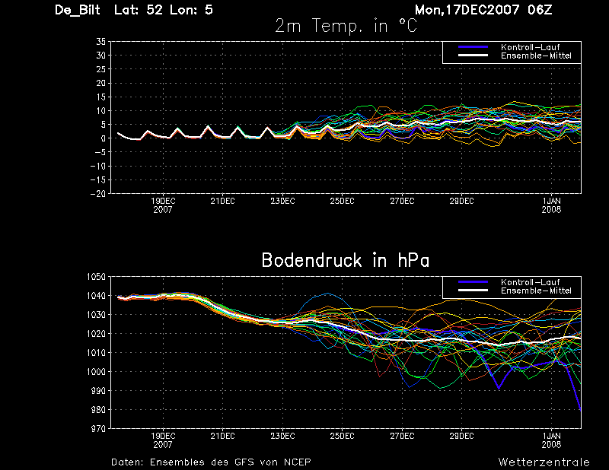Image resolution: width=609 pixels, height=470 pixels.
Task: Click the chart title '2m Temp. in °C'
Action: point(346,27)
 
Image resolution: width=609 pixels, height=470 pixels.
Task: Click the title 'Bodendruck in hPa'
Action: point(346,260)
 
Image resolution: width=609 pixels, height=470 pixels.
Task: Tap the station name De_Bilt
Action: point(78,10)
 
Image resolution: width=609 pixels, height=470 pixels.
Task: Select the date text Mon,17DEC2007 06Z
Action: point(483,10)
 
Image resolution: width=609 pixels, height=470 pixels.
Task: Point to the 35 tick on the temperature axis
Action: point(101,42)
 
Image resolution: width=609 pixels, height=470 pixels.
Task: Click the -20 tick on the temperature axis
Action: point(98,194)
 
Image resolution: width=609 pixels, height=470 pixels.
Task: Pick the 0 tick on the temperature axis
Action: point(104,138)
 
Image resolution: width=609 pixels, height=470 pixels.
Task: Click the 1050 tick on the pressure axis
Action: point(96,277)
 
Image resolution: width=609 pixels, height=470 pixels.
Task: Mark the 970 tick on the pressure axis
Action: point(98,429)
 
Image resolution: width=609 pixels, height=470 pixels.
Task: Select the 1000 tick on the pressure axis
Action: point(96,372)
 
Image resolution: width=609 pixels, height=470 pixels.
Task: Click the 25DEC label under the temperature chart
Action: point(342,201)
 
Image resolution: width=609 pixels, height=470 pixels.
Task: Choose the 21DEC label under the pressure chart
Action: point(222,437)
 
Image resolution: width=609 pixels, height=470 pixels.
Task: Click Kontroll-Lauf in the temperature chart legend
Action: point(530,47)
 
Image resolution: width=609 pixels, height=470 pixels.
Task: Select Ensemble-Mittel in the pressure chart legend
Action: point(536,291)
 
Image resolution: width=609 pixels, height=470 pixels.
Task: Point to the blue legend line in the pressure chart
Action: point(473,282)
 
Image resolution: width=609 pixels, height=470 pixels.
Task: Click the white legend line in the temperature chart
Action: point(473,56)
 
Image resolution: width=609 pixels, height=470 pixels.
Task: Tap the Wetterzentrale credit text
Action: point(544,462)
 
